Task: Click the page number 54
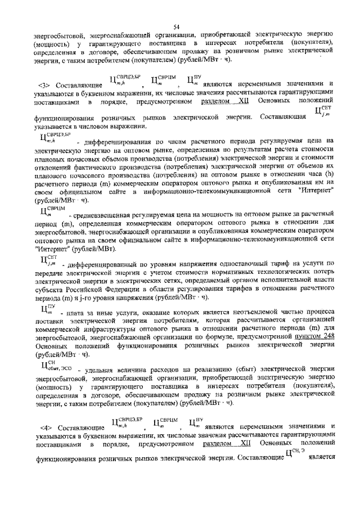point(176,27)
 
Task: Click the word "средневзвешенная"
point(100,216)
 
